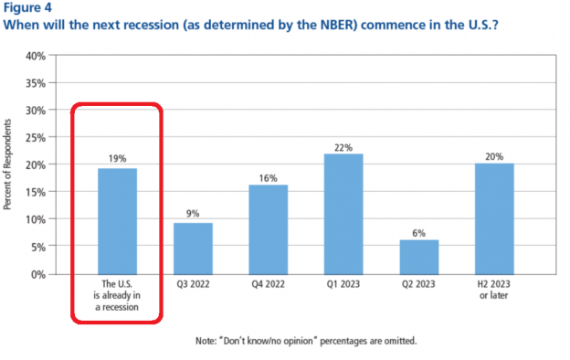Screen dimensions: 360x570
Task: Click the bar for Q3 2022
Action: click(x=193, y=248)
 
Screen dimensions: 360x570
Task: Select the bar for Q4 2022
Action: click(x=268, y=228)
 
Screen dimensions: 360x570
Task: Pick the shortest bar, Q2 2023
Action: click(x=417, y=256)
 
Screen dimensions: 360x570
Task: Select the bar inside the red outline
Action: click(x=118, y=220)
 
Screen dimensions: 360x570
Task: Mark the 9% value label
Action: click(x=193, y=213)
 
